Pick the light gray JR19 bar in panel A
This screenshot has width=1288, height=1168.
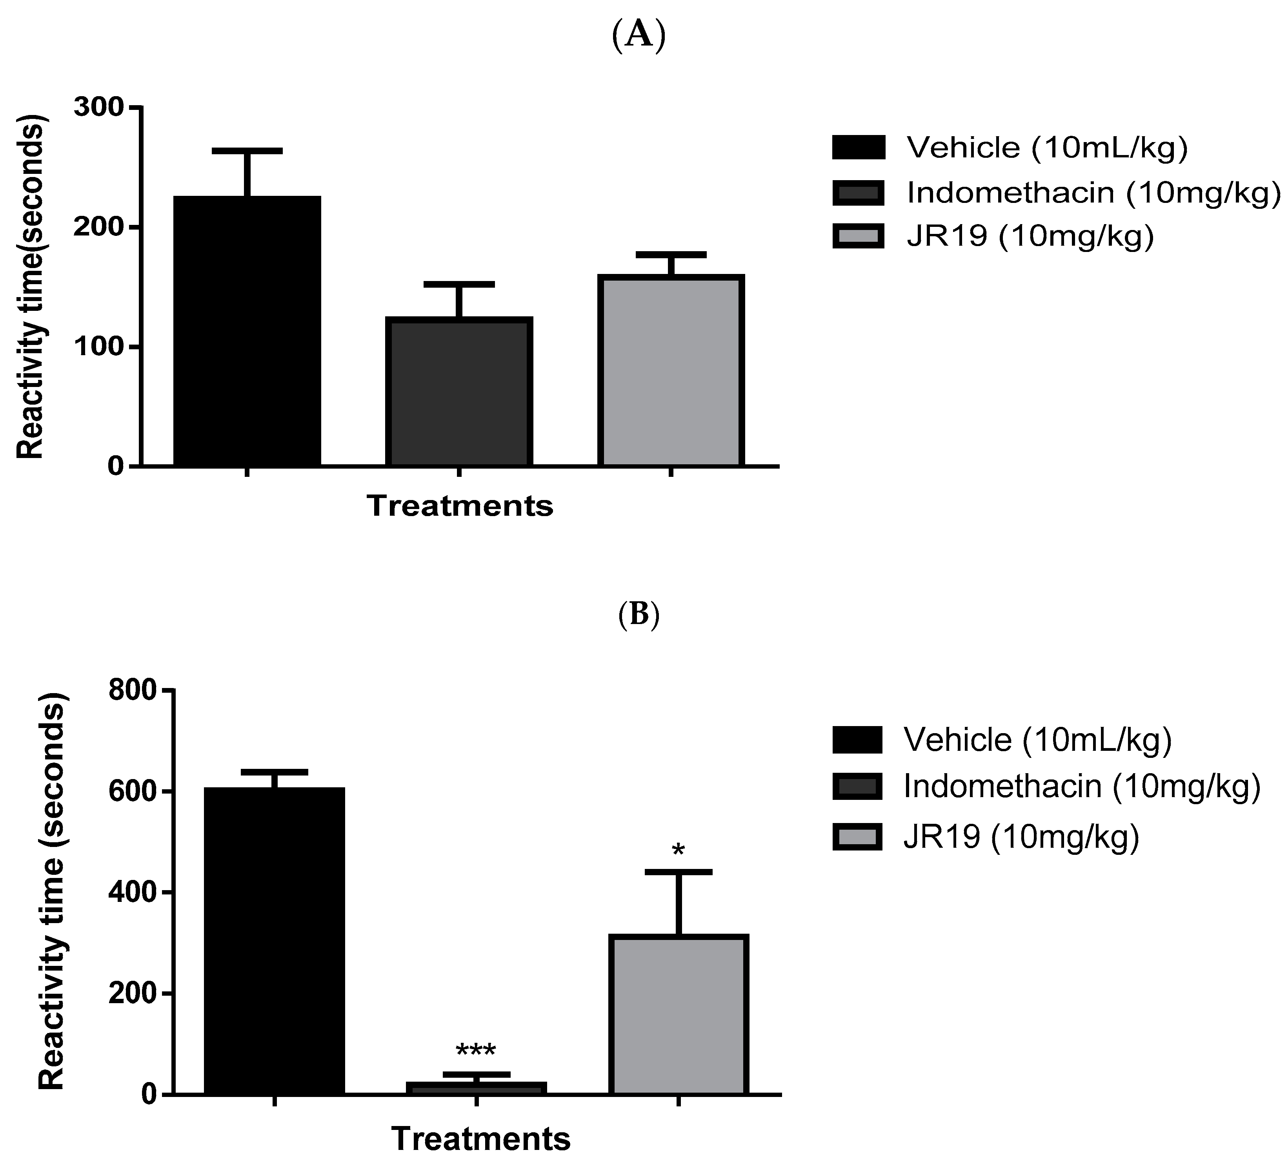pyautogui.click(x=671, y=371)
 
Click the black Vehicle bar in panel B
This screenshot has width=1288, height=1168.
pyautogui.click(x=275, y=940)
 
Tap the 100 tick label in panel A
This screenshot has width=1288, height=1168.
pyautogui.click(x=98, y=347)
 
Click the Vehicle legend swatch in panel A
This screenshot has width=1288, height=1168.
pyautogui.click(x=858, y=147)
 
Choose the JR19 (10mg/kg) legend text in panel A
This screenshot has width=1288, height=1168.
pyautogui.click(x=1030, y=237)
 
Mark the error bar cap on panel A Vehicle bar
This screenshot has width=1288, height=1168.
pyautogui.click(x=247, y=151)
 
